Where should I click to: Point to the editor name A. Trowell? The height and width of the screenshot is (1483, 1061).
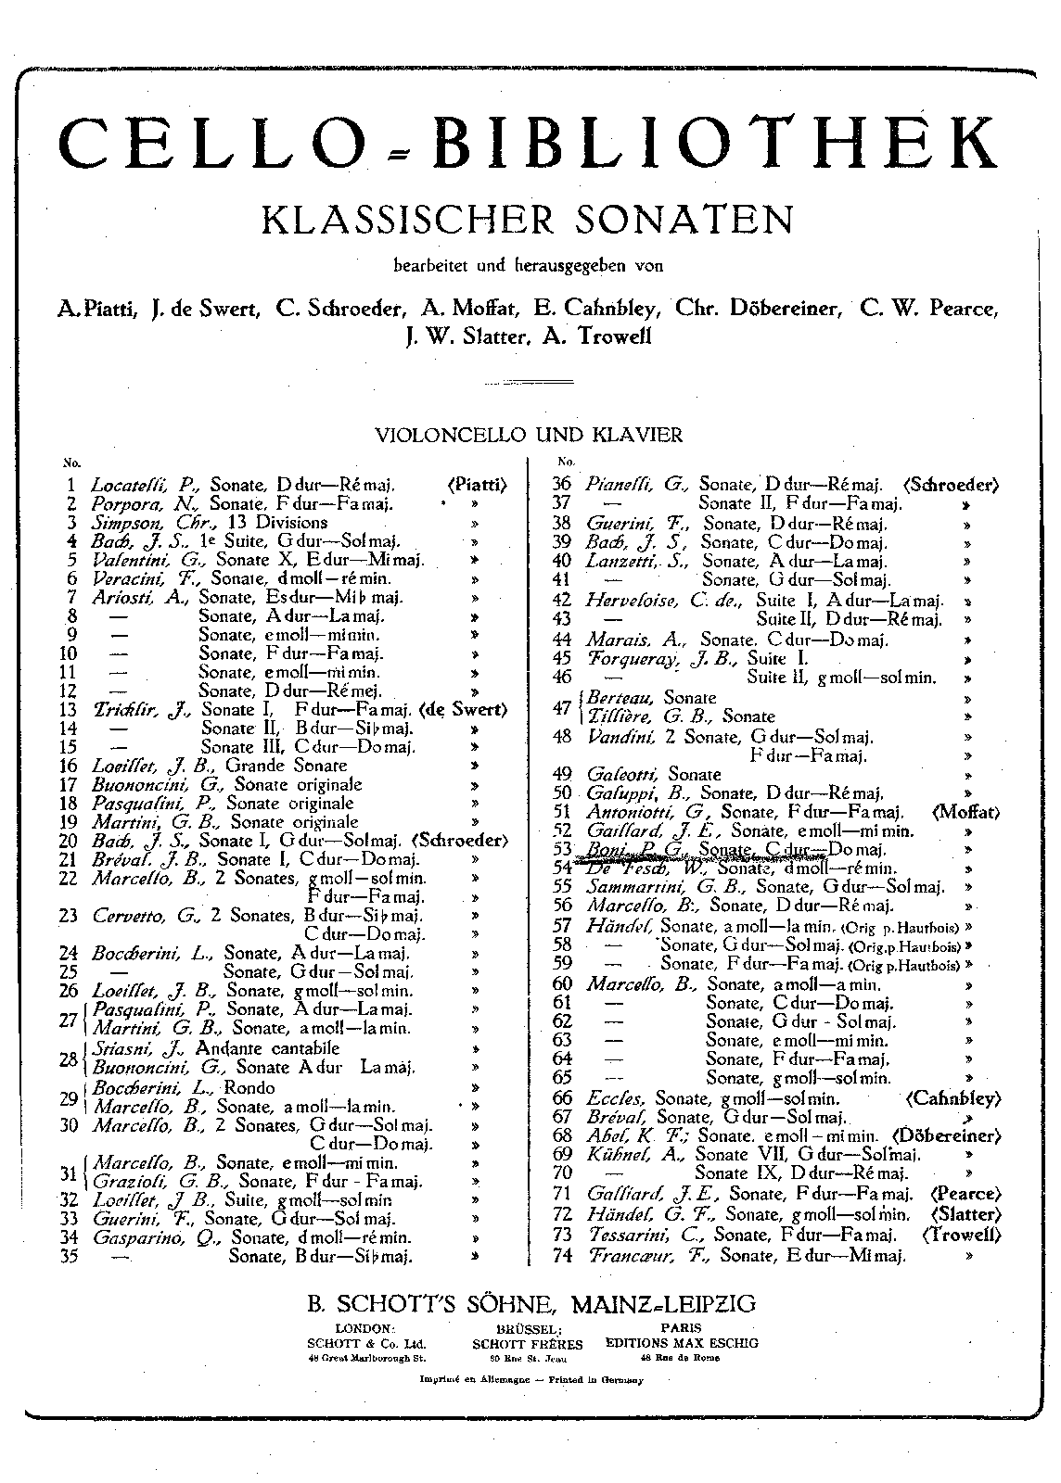point(591,336)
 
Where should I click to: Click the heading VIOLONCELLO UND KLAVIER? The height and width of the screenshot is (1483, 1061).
point(528,434)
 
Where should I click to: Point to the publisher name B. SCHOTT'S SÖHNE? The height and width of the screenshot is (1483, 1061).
point(431,1303)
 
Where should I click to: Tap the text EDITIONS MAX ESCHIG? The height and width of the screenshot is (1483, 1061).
point(681,1342)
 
